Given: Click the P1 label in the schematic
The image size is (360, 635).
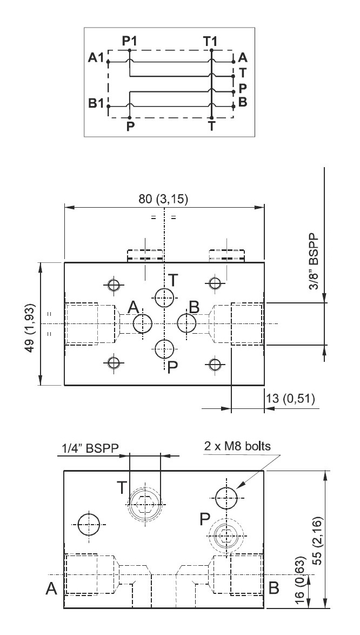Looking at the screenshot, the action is pyautogui.click(x=129, y=41).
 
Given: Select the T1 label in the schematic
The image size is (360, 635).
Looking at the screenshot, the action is pyautogui.click(x=211, y=41).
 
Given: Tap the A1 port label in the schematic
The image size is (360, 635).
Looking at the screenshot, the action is pyautogui.click(x=96, y=58).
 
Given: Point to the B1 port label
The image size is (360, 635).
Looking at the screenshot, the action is pyautogui.click(x=96, y=103).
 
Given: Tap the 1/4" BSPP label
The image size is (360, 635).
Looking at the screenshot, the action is pyautogui.click(x=90, y=448).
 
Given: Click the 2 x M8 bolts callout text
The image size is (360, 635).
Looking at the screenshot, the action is pyautogui.click(x=237, y=446).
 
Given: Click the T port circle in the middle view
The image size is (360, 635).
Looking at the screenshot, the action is pyautogui.click(x=165, y=297).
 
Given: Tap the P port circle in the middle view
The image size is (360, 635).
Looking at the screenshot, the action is pyautogui.click(x=165, y=348).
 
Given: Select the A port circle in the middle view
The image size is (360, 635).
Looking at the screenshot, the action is pyautogui.click(x=142, y=323).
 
